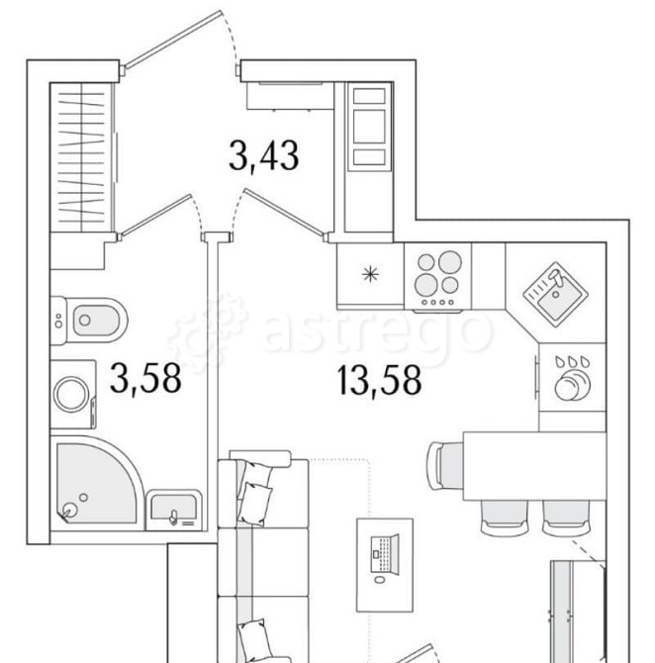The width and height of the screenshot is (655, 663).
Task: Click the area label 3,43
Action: tap(264, 156)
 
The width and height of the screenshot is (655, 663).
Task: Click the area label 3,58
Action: tap(145, 379)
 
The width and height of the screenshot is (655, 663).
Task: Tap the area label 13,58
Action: tap(379, 381)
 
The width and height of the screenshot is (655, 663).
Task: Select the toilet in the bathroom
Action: tap(89, 320)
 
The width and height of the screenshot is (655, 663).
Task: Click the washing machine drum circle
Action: tap(71, 394)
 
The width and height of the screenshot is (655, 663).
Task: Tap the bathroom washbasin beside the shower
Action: tap(174, 510)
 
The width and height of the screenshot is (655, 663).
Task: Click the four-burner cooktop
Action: tap(437, 277)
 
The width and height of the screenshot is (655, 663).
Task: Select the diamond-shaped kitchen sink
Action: tap(556, 294)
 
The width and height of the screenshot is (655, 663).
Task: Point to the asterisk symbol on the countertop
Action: tap(370, 275)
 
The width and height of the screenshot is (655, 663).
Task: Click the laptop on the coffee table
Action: tap(385, 554)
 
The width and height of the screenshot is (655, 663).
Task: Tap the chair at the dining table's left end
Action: tap(445, 466)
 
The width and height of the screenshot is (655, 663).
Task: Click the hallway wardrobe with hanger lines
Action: tap(82, 157)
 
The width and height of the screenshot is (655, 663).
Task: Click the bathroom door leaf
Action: tap(155, 215)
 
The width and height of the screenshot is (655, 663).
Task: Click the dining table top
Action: tap(535, 465)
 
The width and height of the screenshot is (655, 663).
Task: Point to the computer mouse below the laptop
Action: tap(380, 579)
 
